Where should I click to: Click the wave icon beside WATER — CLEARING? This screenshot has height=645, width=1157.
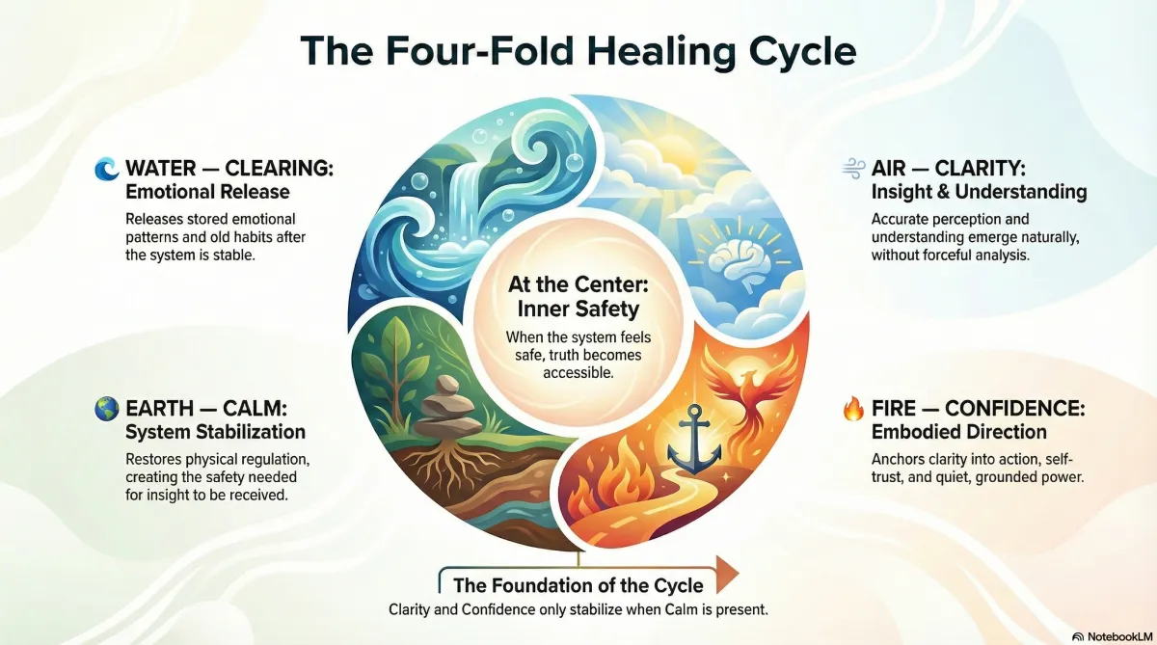[105, 170]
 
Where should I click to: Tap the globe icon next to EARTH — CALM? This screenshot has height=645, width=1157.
[105, 409]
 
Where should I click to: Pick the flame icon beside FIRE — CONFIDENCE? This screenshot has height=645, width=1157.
[852, 409]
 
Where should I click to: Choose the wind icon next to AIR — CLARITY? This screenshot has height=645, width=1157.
[852, 170]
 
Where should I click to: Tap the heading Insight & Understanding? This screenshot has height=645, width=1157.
[979, 192]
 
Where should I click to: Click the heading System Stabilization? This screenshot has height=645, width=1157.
[215, 431]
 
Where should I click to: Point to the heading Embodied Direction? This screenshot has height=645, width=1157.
[958, 431]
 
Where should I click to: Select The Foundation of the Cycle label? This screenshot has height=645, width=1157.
[578, 585]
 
